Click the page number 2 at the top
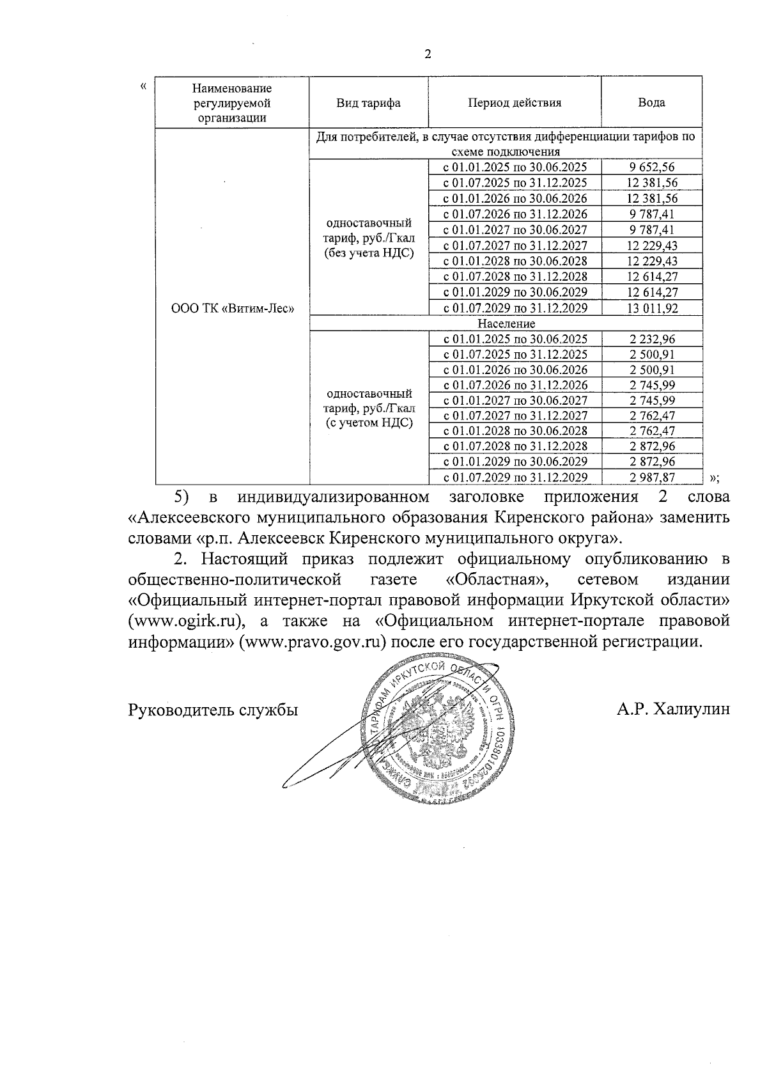pyautogui.click(x=428, y=54)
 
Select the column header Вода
pyautogui.click(x=651, y=102)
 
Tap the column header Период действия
pyautogui.click(x=515, y=102)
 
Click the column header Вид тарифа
pyautogui.click(x=369, y=103)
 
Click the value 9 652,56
pyautogui.click(x=651, y=168)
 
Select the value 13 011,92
pyautogui.click(x=651, y=308)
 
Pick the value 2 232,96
pyautogui.click(x=651, y=340)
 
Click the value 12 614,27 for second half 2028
pyautogui.click(x=651, y=277)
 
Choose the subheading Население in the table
pyautogui.click(x=506, y=324)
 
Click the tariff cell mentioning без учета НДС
pyautogui.click(x=369, y=238)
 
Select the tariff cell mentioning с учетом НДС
pyautogui.click(x=369, y=408)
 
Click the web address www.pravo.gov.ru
pyautogui.click(x=313, y=641)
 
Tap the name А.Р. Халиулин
pyautogui.click(x=673, y=710)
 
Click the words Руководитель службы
pyautogui.click(x=213, y=710)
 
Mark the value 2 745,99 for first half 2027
pyautogui.click(x=651, y=400)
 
